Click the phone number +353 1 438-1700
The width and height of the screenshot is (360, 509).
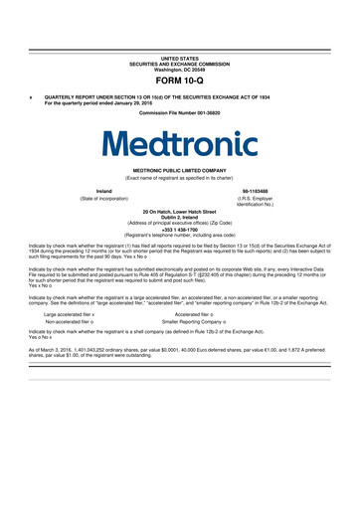179,229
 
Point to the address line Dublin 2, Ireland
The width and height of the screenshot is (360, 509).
179,216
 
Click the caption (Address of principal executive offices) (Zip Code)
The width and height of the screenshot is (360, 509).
179,222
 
